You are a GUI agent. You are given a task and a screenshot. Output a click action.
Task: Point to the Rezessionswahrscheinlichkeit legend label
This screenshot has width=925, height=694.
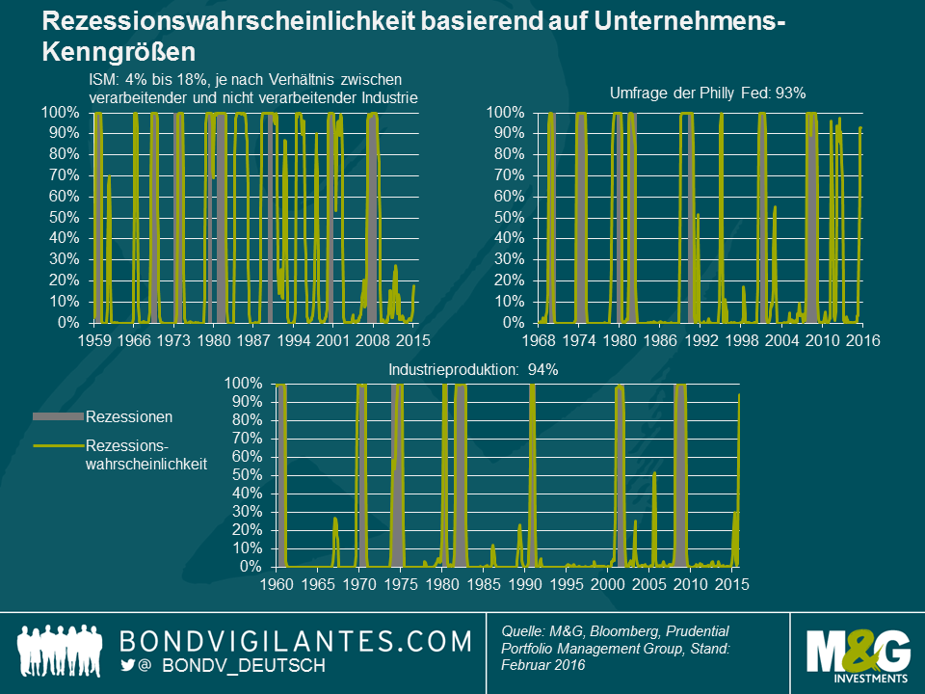click(145, 454)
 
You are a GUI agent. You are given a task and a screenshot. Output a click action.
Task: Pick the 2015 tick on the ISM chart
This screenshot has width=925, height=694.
click(414, 340)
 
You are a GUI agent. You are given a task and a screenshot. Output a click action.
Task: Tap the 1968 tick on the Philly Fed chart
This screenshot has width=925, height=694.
click(540, 340)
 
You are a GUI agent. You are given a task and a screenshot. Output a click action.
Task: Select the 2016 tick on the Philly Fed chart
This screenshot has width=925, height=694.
click(863, 340)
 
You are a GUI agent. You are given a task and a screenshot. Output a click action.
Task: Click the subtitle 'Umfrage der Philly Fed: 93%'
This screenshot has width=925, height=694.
click(708, 93)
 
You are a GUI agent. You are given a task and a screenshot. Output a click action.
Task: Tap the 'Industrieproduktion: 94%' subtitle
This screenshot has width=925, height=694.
click(473, 368)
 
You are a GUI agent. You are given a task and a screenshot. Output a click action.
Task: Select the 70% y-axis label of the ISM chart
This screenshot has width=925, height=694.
click(61, 175)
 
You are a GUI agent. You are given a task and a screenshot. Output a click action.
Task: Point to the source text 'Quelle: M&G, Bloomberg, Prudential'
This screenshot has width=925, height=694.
click(616, 629)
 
